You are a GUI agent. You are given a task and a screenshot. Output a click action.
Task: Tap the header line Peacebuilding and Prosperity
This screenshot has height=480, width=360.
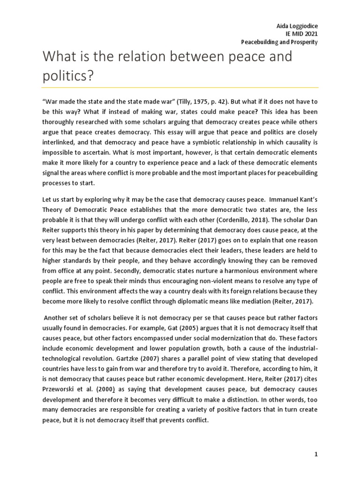pyautogui.click(x=279, y=42)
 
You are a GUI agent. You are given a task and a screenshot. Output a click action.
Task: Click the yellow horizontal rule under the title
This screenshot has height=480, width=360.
pyautogui.click(x=180, y=88)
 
